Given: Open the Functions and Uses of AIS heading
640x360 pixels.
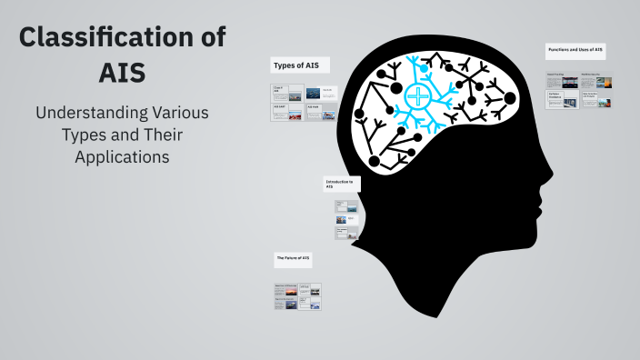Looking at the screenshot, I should coord(575,49).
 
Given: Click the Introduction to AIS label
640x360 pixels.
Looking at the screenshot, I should coord(340,184).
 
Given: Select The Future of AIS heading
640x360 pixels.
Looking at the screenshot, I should coord(294,259).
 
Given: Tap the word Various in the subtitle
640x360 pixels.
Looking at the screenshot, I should coord(177,115).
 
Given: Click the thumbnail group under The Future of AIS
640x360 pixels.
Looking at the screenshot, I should coord(298,297).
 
